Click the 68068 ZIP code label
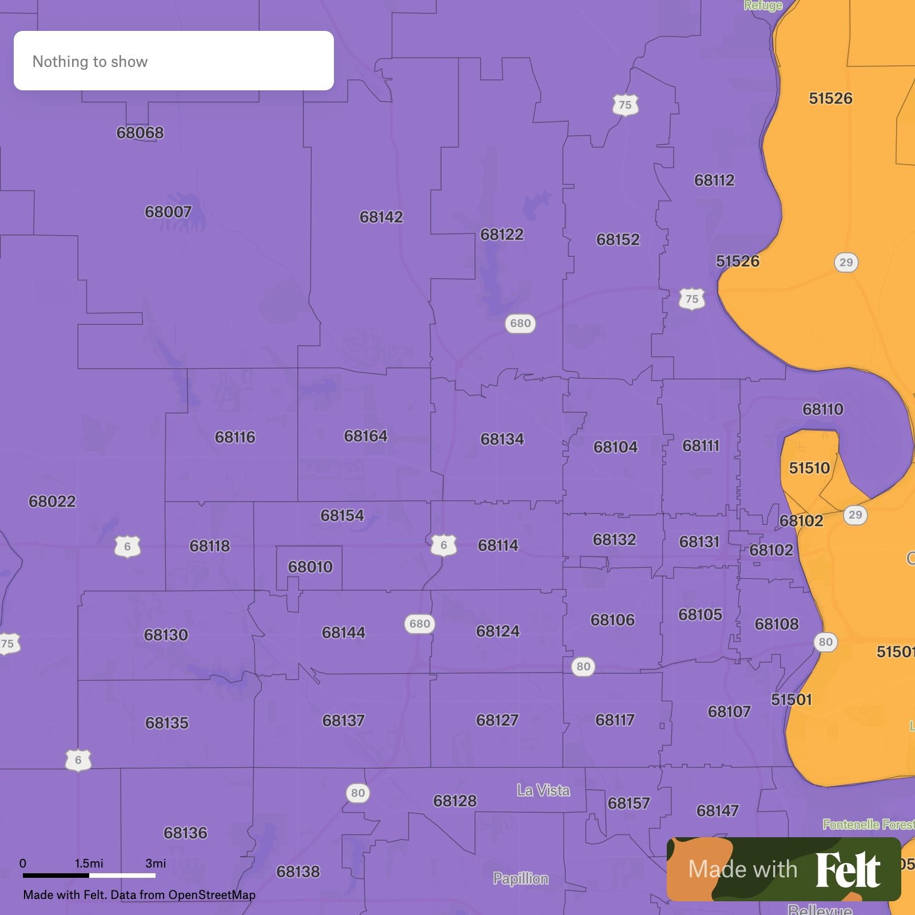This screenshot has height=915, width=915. tap(140, 133)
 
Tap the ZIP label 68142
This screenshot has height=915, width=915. tap(381, 217)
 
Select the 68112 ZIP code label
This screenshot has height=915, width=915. tap(714, 180)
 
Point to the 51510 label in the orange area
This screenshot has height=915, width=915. tap(809, 468)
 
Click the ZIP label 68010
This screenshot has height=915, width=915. tap(310, 567)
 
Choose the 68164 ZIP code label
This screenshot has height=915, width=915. tap(365, 436)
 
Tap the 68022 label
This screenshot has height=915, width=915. tap(52, 502)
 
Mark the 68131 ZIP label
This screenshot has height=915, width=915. tap(699, 542)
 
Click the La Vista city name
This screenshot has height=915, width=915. tap(543, 790)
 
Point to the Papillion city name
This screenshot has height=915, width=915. tap(520, 878)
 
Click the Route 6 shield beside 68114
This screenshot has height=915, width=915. tap(444, 546)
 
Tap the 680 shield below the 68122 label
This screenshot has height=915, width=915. tap(520, 324)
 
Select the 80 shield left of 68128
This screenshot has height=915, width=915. tap(357, 793)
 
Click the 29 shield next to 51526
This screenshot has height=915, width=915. tap(846, 262)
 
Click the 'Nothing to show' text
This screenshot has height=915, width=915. tap(90, 61)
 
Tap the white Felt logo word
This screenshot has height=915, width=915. tap(848, 870)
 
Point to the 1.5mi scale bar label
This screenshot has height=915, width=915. tap(89, 863)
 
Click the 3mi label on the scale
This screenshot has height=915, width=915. tap(156, 863)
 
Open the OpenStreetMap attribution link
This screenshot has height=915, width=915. tap(212, 895)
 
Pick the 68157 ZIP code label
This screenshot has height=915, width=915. tap(628, 803)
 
